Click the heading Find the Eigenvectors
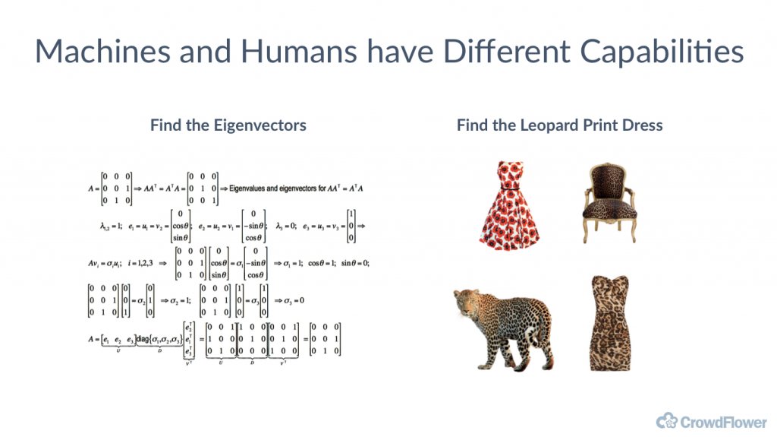click(x=228, y=125)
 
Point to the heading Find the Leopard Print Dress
click(x=559, y=125)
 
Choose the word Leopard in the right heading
click(x=539, y=125)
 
